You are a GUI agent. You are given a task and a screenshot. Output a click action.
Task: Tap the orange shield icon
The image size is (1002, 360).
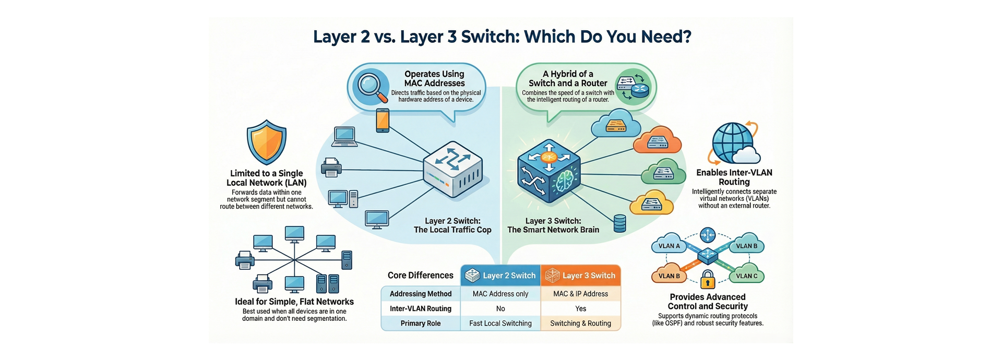click(x=267, y=142)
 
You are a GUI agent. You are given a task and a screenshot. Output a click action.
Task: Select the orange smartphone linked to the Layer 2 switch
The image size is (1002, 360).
click(x=383, y=121)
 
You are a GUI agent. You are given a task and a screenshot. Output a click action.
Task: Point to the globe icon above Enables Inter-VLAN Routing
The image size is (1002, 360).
click(x=733, y=142)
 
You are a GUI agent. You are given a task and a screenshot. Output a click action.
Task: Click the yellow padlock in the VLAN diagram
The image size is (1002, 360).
click(x=708, y=280)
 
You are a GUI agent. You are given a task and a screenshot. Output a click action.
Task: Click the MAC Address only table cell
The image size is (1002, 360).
click(x=500, y=294)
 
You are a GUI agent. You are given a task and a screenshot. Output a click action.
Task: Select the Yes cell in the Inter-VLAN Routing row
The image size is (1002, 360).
click(x=580, y=308)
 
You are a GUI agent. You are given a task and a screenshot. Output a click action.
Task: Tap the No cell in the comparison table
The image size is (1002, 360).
click(x=500, y=308)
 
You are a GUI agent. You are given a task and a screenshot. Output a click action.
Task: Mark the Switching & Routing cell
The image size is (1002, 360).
click(x=580, y=323)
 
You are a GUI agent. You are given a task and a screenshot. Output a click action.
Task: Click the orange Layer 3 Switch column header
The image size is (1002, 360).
click(x=580, y=275)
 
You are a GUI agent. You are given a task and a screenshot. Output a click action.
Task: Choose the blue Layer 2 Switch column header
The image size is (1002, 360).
click(x=500, y=275)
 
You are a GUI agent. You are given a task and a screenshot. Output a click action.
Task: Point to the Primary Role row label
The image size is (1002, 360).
click(x=420, y=323)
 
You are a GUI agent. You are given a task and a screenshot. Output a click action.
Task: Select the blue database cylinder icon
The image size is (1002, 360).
click(x=619, y=223)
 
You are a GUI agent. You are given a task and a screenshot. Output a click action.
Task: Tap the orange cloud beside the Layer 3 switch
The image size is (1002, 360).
click(x=657, y=140)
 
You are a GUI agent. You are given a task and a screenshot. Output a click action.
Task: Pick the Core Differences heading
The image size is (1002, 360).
click(x=420, y=275)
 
